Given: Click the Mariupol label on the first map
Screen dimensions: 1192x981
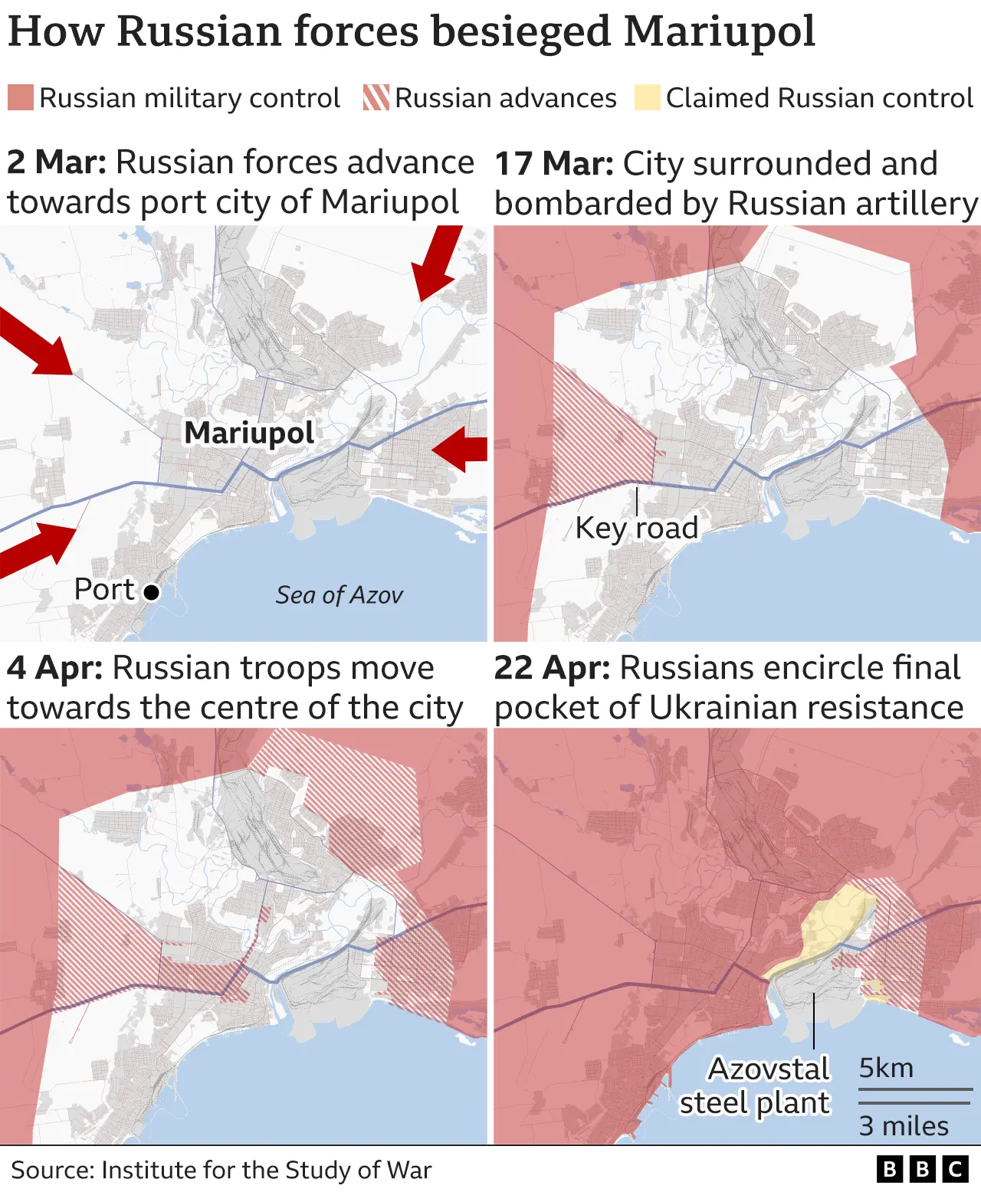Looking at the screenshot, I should pos(249,433).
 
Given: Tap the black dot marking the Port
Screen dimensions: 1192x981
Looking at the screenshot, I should pos(152,592).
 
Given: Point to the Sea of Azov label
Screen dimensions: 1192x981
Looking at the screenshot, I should pos(339,595).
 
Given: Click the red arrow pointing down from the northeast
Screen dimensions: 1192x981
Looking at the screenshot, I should pos(437,262).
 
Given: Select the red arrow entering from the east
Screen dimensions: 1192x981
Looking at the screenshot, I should pos(461,449).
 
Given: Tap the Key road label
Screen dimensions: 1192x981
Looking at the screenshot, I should pos(636,528).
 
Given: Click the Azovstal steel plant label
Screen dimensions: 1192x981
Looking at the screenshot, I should pos(755,1086).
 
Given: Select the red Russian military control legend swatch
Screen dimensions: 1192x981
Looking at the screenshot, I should pos(21,98).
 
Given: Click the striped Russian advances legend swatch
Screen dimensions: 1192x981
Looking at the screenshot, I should pos(376,98).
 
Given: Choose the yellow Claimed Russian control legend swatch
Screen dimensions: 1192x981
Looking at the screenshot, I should pos(647,98).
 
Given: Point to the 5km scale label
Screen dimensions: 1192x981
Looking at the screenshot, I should pos(886,1068).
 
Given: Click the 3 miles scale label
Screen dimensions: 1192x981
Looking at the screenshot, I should pos(904,1125).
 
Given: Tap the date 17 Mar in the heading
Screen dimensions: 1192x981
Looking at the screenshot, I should pos(554,164).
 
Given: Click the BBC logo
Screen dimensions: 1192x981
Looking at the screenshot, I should pos(923,1169).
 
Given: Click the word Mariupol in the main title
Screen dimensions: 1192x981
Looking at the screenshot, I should pos(720,32).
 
